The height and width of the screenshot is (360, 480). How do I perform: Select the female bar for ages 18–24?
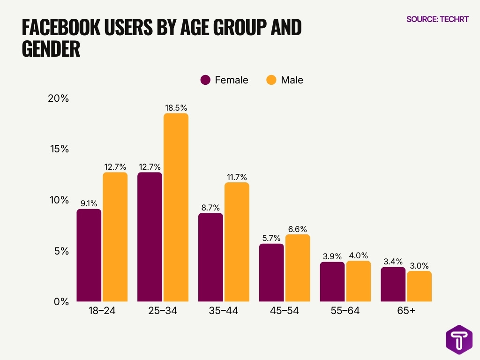89,255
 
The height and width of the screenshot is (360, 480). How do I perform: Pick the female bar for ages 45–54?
271,272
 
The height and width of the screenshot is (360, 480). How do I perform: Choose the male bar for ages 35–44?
237,242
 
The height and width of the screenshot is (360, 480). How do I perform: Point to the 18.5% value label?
176,108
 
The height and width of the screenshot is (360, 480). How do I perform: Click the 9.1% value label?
89,203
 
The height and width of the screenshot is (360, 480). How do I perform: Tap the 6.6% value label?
298,229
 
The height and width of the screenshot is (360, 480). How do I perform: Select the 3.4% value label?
393,262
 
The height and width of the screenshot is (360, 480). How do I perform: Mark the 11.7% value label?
237,177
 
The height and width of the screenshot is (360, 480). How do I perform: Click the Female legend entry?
225,80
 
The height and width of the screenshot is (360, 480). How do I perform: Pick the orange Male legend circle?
271,80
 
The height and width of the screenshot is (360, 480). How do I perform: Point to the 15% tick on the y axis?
59,149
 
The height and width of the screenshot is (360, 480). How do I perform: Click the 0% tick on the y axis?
61,301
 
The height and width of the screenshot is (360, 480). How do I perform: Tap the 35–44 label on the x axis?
224,311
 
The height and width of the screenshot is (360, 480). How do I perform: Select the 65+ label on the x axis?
406,311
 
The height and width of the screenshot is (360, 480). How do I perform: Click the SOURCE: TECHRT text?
437,20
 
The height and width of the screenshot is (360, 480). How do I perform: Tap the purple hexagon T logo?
459,339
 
